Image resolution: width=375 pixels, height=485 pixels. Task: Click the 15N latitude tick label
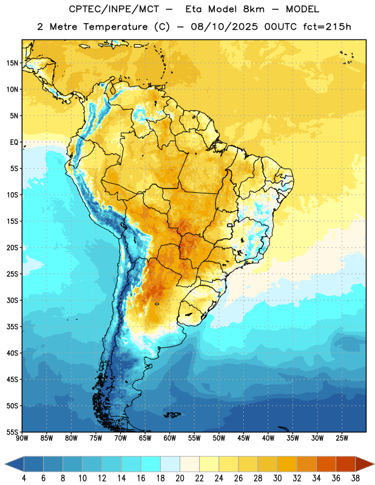[12, 63]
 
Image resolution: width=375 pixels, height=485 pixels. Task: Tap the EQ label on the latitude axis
[14, 142]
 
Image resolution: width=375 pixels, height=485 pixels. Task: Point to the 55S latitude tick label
[12, 432]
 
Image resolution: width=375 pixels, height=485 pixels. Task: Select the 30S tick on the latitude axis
[12, 300]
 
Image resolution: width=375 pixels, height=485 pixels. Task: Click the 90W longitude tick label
[22, 438]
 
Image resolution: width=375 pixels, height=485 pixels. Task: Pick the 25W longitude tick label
[342, 438]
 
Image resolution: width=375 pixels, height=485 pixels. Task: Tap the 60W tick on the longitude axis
[170, 438]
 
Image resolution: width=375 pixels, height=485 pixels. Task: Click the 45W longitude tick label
[243, 438]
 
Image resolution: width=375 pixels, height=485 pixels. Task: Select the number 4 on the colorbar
[24, 478]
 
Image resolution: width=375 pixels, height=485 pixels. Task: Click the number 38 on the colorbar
[356, 478]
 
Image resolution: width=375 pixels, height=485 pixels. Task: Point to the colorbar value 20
[180, 478]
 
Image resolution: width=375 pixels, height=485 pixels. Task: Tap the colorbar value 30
[277, 478]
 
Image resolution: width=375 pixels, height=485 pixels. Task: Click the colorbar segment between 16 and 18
[151, 464]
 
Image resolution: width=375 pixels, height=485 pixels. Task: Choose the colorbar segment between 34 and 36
[326, 464]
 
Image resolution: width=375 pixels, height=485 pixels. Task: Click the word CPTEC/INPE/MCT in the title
[113, 9]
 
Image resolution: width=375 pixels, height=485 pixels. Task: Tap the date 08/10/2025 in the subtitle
[224, 27]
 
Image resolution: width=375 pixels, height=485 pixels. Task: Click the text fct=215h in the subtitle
[327, 27]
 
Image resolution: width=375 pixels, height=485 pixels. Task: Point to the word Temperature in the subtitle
[115, 27]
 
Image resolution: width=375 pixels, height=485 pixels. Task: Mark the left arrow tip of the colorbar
[5, 464]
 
